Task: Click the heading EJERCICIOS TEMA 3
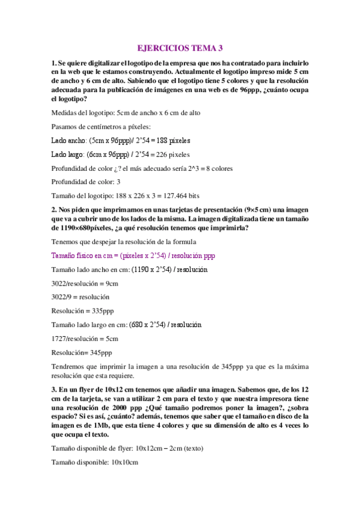(x=180, y=48)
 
